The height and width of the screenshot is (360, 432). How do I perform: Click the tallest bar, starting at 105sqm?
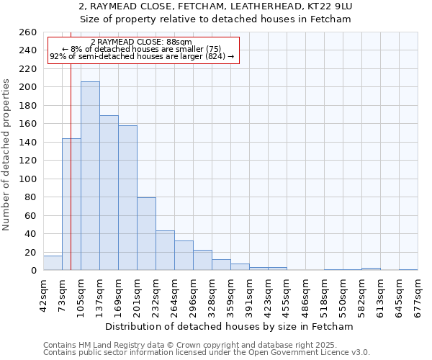[x=90, y=176]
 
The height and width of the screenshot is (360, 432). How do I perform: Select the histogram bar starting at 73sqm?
[x=71, y=204]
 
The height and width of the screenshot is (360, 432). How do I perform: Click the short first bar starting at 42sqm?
[x=53, y=264]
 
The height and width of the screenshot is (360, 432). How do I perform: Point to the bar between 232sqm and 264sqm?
[x=165, y=251]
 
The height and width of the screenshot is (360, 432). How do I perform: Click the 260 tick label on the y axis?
[x=28, y=32]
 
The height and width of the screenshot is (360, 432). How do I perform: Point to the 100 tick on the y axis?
[x=28, y=179]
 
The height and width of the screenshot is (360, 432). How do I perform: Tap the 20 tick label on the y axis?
[x=31, y=253]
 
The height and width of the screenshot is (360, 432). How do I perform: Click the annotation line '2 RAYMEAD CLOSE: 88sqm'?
[x=142, y=42]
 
